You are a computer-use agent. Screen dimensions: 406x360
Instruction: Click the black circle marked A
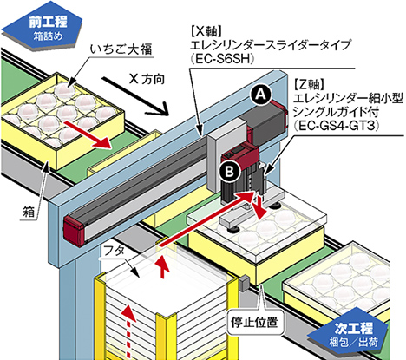coord(261,95)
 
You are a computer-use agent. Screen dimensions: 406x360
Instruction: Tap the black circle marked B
coord(230,172)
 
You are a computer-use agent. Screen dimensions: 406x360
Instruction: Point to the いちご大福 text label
coord(121,49)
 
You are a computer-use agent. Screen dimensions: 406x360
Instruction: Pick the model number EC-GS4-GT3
coord(336,126)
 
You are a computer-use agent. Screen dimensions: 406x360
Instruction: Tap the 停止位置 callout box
coord(254,322)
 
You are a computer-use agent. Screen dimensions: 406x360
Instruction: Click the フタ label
coord(114,251)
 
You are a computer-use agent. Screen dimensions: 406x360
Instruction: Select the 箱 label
coord(29,212)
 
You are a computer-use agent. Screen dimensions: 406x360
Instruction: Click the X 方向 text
coord(147,79)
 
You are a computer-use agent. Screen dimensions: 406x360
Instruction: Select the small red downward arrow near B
coord(259,206)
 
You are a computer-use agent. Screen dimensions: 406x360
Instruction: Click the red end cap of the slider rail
coord(75,231)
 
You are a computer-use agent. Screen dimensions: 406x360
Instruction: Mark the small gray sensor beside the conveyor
coord(244,284)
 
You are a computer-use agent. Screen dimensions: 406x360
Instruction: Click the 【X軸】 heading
coord(206,31)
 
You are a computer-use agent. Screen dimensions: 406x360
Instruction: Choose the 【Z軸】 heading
coord(309,85)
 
